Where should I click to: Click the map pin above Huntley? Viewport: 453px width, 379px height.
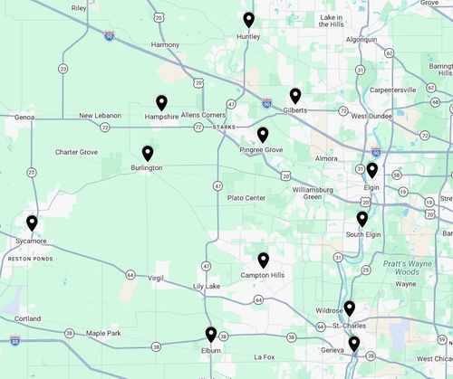pos(249,20)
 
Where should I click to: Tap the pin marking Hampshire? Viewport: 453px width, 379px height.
pos(162,102)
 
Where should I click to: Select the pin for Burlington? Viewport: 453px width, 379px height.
pos(148,153)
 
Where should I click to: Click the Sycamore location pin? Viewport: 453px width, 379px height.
pos(32,223)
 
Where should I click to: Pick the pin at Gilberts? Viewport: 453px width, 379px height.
pos(295,95)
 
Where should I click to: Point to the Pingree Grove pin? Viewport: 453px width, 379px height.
pos(263,134)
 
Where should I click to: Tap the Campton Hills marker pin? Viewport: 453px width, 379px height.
pos(264,260)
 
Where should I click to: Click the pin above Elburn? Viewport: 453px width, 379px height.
pos(211,334)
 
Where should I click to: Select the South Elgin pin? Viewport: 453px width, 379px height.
pos(362,219)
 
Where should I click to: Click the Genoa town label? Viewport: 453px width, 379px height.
pos(24,118)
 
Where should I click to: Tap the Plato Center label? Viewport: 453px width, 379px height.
pos(246,198)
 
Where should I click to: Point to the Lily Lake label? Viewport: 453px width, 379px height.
pos(206,287)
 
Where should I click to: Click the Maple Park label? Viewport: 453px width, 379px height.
pos(102,334)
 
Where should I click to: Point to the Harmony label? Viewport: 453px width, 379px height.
pos(166,44)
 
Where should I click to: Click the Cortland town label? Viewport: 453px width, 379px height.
pos(27,318)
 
